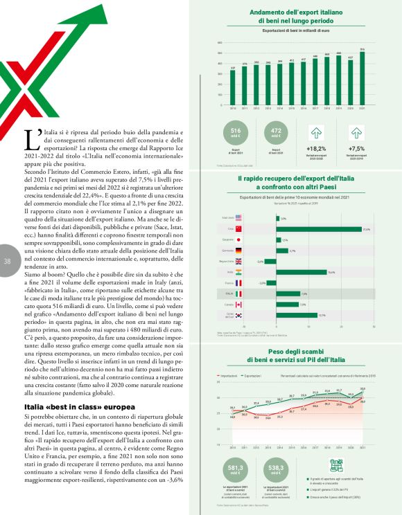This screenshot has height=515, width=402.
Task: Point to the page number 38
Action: tap(8, 261)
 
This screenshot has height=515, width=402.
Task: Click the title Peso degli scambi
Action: tap(295, 352)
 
